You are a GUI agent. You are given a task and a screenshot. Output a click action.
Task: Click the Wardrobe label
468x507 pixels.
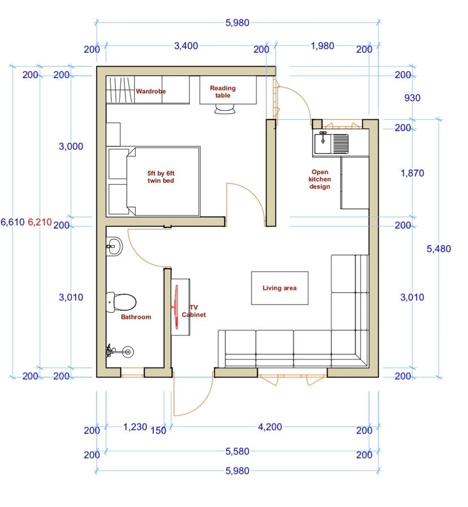151,92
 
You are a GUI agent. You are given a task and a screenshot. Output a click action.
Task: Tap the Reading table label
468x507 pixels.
223,92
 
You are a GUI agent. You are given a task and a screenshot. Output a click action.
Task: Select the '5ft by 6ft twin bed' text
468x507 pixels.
161,177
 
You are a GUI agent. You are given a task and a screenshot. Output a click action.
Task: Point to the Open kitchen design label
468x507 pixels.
319,179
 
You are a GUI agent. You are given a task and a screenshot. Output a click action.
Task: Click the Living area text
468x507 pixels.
279,288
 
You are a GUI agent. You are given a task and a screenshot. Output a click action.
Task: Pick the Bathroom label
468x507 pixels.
136,317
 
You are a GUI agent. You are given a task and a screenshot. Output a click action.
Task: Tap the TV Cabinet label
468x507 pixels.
194,311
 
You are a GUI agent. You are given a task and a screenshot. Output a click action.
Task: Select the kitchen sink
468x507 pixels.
331,144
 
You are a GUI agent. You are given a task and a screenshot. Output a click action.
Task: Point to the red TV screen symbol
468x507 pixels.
176,307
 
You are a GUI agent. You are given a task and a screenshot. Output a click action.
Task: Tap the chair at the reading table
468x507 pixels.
225,109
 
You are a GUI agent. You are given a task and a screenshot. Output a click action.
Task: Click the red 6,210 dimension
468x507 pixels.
40,222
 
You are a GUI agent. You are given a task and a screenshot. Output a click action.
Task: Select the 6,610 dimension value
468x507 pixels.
12,222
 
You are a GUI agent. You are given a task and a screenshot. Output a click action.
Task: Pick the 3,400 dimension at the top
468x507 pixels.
186,46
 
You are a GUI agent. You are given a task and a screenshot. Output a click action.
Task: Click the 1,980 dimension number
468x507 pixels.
323,46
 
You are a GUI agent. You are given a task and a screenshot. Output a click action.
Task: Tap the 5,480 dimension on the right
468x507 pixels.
439,249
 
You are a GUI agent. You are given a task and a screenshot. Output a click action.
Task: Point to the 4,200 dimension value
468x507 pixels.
270,427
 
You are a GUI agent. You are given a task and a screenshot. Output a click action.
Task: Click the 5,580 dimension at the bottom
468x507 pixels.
237,452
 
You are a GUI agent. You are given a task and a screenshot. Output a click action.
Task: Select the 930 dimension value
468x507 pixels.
413,98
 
